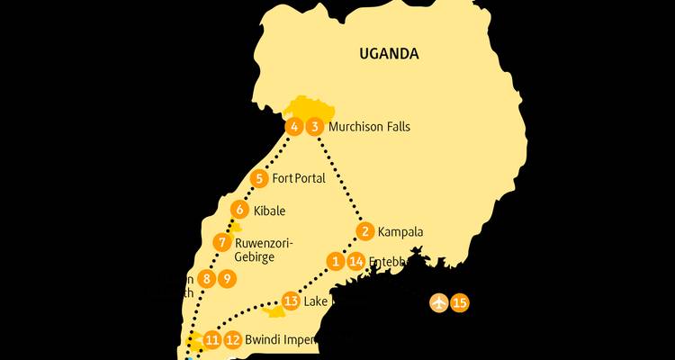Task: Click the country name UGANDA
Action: pyautogui.click(x=389, y=54)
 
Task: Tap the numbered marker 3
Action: pyautogui.click(x=314, y=127)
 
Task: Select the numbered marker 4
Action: pyautogui.click(x=293, y=127)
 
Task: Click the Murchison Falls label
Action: pyautogui.click(x=369, y=127)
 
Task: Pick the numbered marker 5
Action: pyautogui.click(x=259, y=178)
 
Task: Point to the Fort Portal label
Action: pyautogui.click(x=298, y=178)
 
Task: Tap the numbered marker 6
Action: pyautogui.click(x=239, y=211)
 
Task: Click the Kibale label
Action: pyautogui.click(x=270, y=211)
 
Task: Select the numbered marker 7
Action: pyautogui.click(x=222, y=242)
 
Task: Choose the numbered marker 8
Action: pyautogui.click(x=207, y=279)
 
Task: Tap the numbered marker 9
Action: pyautogui.click(x=228, y=279)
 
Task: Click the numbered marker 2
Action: pyautogui.click(x=364, y=232)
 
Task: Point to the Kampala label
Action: pyautogui.click(x=401, y=232)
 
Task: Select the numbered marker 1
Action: pyautogui.click(x=336, y=262)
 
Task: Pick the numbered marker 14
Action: pyautogui.click(x=356, y=262)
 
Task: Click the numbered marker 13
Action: pyautogui.click(x=291, y=301)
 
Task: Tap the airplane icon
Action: pyautogui.click(x=439, y=301)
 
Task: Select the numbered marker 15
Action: pyautogui.click(x=460, y=301)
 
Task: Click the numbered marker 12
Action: pyautogui.click(x=233, y=339)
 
